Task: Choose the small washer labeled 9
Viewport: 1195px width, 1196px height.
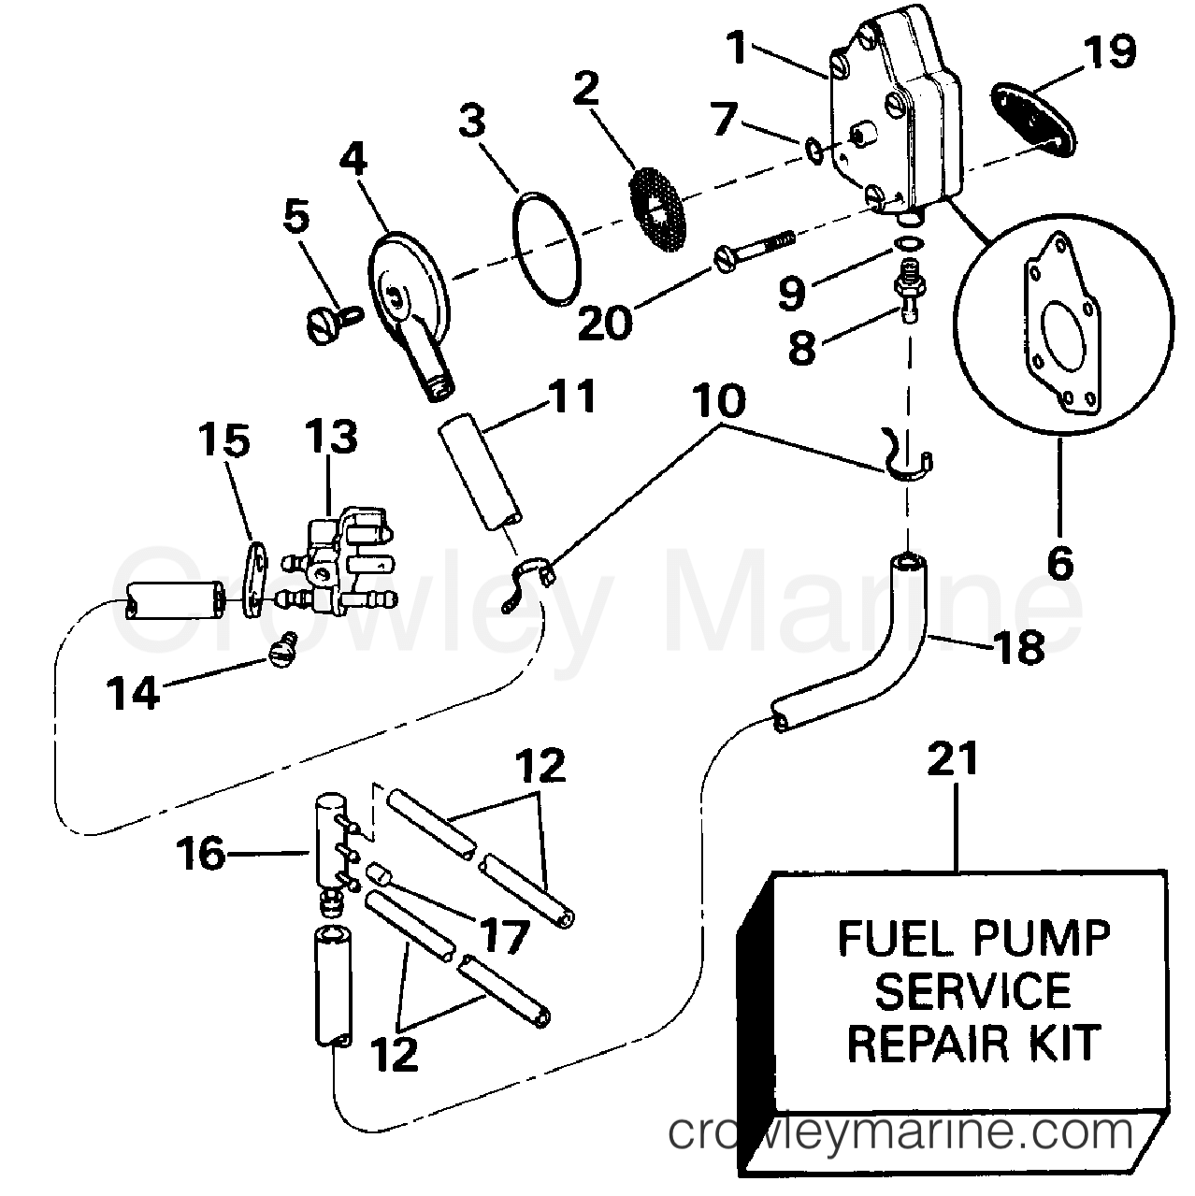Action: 907,243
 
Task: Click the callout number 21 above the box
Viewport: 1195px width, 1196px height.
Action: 953,759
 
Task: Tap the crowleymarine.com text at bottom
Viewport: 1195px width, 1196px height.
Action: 901,1133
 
